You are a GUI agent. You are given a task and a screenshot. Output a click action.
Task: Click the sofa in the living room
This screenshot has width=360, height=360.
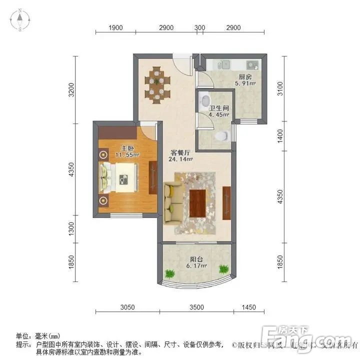click(x=172, y=203)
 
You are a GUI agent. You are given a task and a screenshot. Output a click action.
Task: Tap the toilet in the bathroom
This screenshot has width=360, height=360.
click(x=221, y=136)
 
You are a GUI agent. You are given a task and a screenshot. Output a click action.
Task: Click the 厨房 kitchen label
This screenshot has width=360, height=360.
click(x=244, y=77)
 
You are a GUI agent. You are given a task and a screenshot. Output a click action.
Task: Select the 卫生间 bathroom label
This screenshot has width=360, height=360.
click(x=218, y=107)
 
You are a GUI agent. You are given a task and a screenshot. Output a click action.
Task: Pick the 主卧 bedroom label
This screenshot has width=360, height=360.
click(x=126, y=148)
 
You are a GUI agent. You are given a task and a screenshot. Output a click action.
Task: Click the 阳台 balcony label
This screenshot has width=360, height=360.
click(x=196, y=259)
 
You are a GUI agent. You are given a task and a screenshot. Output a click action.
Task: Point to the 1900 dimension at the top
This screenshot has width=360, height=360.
click(x=115, y=27)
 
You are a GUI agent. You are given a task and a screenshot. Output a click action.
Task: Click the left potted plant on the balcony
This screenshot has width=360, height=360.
click(x=169, y=273)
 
